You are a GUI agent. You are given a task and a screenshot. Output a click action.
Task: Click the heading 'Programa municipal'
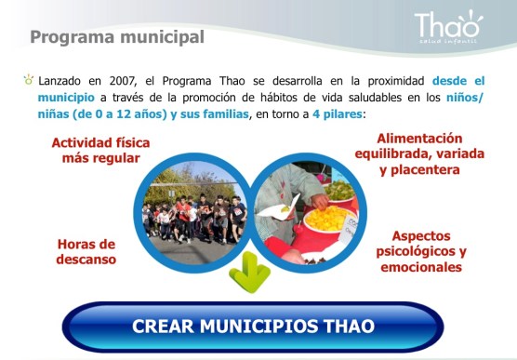116,38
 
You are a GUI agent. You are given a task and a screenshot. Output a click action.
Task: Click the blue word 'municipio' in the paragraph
66,97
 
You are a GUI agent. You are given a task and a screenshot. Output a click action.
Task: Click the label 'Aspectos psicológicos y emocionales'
420,251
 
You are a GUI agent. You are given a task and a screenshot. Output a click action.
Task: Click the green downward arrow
248,270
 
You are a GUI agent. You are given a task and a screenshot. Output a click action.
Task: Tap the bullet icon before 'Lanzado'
29,81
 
